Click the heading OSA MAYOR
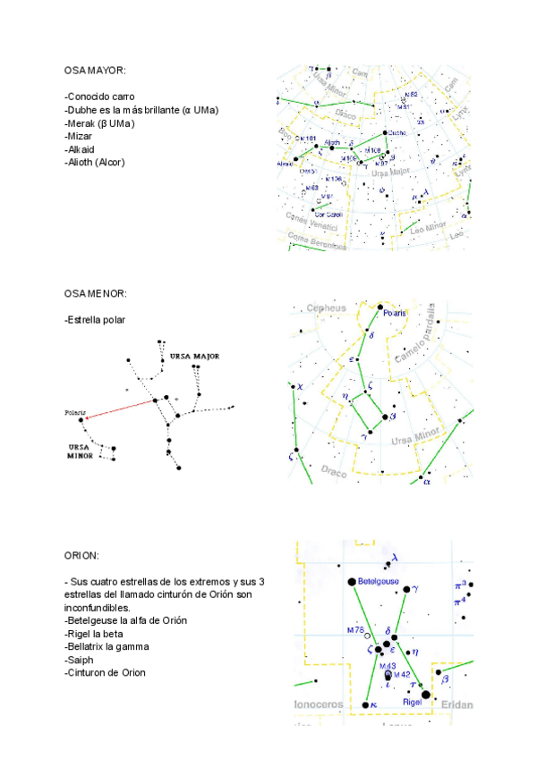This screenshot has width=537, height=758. pos(96,70)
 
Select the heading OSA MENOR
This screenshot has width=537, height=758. pos(96,293)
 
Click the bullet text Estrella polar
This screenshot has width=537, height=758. pos(96,319)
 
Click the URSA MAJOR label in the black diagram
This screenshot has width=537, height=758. pos(194,356)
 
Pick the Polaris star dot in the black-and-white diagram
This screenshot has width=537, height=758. pos(82,419)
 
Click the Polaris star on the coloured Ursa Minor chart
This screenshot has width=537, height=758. pos(379,307)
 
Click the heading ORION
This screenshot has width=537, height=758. pos(81,555)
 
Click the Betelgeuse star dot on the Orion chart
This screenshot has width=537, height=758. pos(352,582)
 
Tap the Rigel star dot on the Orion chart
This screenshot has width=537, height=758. pos(425,694)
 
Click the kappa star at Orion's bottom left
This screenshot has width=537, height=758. pos(365,705)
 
